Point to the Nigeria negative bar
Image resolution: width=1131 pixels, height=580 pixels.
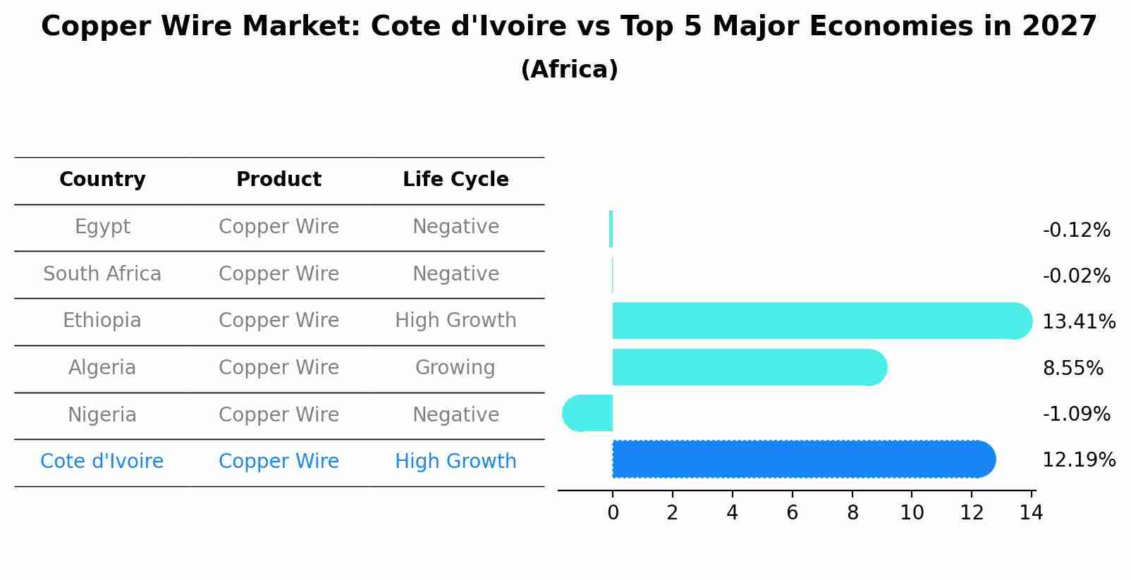(589, 413)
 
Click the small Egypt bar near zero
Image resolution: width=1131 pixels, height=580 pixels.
(611, 229)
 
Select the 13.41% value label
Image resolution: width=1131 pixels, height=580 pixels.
(1078, 322)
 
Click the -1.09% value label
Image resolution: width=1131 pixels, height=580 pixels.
(1076, 414)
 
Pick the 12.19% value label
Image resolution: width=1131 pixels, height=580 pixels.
(1078, 460)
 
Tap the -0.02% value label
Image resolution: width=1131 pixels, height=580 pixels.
(1076, 276)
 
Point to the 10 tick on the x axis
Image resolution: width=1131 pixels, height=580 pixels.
(912, 513)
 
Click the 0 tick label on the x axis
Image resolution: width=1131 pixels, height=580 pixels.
(613, 513)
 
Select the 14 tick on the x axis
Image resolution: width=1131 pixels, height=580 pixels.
(1031, 513)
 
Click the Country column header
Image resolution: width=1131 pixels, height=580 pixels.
(102, 180)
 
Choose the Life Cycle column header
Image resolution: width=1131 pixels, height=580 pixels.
(456, 180)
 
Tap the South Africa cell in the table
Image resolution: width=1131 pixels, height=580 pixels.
(102, 274)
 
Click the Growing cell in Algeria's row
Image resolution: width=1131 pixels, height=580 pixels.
(456, 368)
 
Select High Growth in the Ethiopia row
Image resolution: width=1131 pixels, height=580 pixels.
(456, 321)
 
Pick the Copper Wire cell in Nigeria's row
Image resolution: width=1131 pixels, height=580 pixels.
(279, 415)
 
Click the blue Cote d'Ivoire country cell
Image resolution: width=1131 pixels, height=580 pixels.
(102, 462)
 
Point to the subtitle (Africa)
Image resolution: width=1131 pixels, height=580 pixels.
(569, 70)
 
